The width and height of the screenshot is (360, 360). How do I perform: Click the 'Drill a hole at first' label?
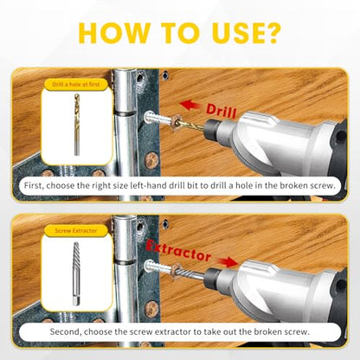point(76,85)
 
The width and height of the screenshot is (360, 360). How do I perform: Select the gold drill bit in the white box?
point(76,125)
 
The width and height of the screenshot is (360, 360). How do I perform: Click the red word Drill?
point(222,111)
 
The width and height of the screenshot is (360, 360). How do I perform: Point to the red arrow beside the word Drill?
point(190,106)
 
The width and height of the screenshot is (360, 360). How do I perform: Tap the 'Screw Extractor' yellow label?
point(76,231)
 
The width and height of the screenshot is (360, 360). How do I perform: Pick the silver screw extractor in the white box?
point(76,274)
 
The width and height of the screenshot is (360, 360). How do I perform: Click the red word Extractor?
point(179,251)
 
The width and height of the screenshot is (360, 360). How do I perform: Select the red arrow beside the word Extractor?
point(228,261)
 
